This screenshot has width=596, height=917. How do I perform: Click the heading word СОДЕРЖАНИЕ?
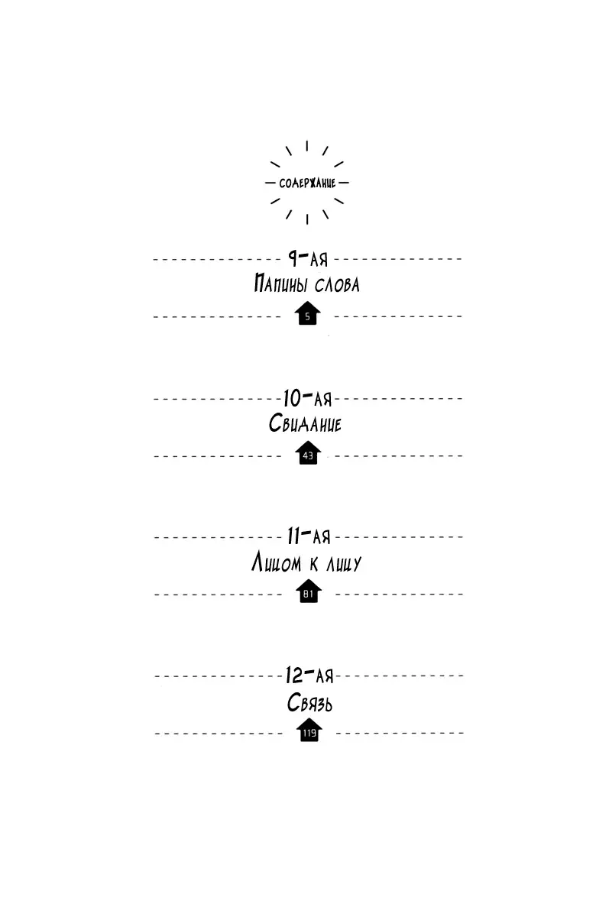[307, 183]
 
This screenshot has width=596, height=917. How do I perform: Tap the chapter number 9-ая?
[308, 258]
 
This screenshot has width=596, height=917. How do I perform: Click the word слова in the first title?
[337, 284]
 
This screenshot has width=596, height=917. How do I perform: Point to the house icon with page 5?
[307, 313]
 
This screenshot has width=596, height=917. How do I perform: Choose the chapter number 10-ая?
[307, 398]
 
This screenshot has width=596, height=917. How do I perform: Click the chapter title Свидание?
[305, 423]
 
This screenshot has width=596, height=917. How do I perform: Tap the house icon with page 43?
[308, 452]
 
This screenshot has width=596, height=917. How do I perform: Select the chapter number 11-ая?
[309, 536]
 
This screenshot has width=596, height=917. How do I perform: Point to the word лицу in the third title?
[344, 564]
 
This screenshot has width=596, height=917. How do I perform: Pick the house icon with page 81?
[308, 591]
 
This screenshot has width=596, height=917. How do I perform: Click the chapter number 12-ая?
[309, 675]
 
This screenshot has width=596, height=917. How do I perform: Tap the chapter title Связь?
[309, 703]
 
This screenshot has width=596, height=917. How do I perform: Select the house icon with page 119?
[309, 730]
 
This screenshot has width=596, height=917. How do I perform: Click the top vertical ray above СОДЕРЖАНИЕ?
[307, 146]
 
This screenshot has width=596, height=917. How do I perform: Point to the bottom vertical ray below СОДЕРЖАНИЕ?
[307, 219]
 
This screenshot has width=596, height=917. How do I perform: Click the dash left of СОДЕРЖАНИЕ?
[270, 183]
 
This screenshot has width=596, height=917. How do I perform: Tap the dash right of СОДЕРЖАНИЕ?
[344, 183]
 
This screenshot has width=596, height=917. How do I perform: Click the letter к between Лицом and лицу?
[313, 564]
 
